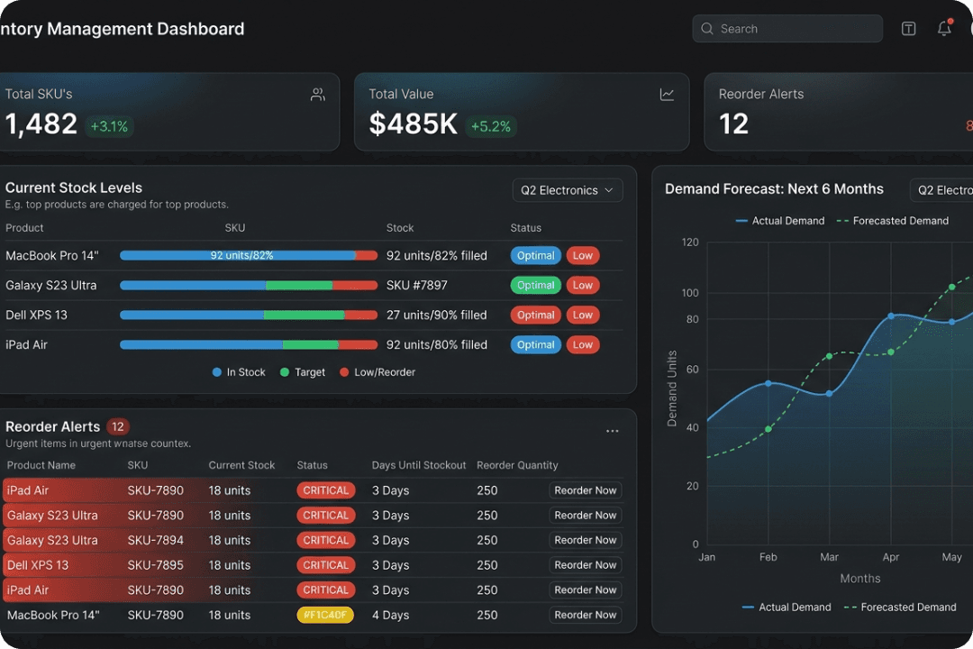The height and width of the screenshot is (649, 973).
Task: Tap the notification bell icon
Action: (x=944, y=29)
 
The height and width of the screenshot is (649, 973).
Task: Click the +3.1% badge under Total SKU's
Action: (x=109, y=127)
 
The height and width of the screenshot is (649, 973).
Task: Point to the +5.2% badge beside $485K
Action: (x=490, y=127)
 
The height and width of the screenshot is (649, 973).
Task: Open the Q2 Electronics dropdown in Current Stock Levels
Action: (x=568, y=190)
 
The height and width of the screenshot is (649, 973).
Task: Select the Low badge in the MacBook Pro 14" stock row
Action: (x=583, y=256)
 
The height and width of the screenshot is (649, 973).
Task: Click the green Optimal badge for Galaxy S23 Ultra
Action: (x=536, y=286)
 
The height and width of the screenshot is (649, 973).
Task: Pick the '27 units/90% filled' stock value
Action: (x=436, y=315)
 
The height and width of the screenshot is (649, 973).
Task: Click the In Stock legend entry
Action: (x=239, y=372)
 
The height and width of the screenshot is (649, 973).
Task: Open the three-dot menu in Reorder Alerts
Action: (x=613, y=431)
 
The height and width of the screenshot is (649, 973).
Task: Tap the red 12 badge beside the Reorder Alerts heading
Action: (x=118, y=427)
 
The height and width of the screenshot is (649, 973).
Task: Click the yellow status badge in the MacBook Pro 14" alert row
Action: (x=325, y=616)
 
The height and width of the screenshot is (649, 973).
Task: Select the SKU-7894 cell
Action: (x=155, y=541)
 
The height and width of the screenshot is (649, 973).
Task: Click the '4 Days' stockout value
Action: (x=390, y=616)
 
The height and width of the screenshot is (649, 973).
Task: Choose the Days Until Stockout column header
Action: (x=419, y=466)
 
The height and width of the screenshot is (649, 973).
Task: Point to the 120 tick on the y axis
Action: (x=690, y=242)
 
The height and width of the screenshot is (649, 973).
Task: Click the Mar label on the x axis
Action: (x=829, y=557)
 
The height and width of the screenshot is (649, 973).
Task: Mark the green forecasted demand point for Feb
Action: (x=768, y=429)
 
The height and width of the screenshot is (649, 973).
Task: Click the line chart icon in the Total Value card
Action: (x=667, y=95)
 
